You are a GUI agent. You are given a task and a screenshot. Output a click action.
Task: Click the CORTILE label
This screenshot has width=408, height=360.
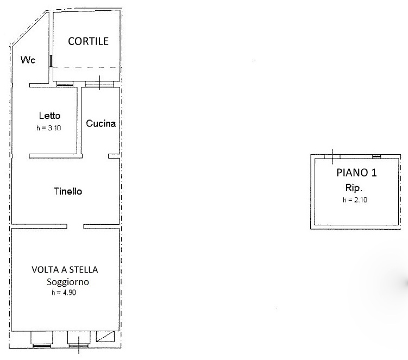pos(88,41)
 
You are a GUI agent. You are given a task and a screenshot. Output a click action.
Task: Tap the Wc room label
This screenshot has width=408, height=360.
pos(28,60)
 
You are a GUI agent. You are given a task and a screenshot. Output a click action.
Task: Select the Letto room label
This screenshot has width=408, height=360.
pos(49,116)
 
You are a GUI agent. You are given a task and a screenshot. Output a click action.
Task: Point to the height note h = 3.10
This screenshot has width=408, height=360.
pos(49,128)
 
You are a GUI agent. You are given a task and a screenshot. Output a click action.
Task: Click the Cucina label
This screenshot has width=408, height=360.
pos(101,124)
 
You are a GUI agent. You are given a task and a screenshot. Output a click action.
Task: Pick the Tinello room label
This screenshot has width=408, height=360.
pos(68,192)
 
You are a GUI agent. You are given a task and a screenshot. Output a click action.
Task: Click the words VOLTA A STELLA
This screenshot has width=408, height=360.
pos(65,270)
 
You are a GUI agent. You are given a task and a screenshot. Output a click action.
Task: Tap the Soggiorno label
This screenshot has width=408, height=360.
pos(68,282)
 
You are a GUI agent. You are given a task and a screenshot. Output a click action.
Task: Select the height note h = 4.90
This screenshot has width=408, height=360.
pos(64,293)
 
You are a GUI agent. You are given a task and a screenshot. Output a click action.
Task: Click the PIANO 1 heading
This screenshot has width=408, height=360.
pos(356,173)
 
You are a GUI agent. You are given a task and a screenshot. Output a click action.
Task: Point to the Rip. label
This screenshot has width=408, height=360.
pos(354,188)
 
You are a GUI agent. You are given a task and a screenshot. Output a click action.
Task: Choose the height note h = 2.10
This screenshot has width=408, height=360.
pos(355,200)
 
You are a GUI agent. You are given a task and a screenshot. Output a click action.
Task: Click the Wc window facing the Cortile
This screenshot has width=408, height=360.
pos(51,61)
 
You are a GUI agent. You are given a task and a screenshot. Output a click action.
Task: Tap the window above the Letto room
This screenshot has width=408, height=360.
pos(65,85)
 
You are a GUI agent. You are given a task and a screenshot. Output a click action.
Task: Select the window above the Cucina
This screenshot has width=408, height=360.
pos(99,85)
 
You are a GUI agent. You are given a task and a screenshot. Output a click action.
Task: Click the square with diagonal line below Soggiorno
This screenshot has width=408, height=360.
pos(105,336)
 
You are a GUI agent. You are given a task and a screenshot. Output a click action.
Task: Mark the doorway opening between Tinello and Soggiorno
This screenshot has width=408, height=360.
pos(75,226)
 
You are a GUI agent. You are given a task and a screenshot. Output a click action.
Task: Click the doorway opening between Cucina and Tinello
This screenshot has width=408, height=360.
pos(95,156)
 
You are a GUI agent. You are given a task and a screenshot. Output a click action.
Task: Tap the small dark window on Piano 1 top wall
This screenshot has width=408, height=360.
pos(376,156)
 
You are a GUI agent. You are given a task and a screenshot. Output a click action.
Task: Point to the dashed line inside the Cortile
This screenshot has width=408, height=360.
pos(85,67)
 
